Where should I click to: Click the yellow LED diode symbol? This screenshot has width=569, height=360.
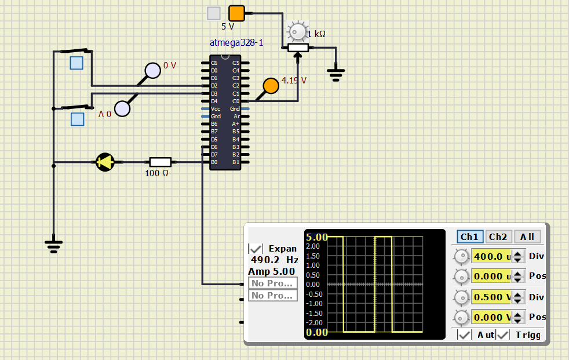105,162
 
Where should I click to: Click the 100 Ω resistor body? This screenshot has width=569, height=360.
160,162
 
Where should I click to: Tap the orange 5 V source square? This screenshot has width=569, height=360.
236,13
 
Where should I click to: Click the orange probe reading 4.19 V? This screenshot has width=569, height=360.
271,86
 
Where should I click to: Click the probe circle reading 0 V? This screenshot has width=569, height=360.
152,71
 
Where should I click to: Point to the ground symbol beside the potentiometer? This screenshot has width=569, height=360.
335,74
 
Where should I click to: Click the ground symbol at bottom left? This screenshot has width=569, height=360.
53,246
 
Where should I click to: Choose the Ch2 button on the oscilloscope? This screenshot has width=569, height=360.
498,237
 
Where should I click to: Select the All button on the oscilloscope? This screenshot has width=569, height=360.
527,237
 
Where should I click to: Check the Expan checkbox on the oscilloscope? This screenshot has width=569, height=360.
256,248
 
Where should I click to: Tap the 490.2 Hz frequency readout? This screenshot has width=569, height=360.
274,260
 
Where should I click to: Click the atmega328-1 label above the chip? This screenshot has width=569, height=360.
236,43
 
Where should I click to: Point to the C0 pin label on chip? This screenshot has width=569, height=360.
236,101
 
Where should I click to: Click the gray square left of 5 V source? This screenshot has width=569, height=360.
214,13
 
